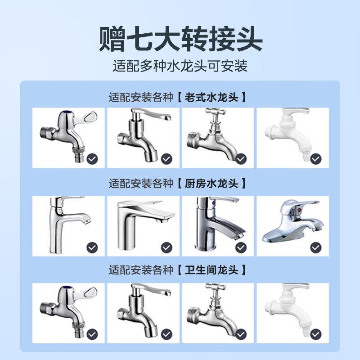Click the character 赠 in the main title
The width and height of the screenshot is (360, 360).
pos(112,39)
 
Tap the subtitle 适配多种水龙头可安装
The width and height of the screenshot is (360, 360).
pos(180,66)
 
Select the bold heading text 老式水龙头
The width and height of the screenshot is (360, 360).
pos(211,97)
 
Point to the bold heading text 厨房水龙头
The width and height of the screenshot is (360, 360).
pos(211,184)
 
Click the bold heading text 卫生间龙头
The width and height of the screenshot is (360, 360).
pos(211,270)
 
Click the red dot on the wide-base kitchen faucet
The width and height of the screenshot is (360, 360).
pos(299,210)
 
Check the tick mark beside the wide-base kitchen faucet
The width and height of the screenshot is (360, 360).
pos(316,247)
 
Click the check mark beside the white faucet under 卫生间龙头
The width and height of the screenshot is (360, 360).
pos(316,334)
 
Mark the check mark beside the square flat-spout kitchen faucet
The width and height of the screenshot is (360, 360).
pos(166,247)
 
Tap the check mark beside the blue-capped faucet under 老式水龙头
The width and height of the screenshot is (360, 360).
pos(92,159)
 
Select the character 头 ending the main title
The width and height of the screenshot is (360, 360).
pos(250,39)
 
